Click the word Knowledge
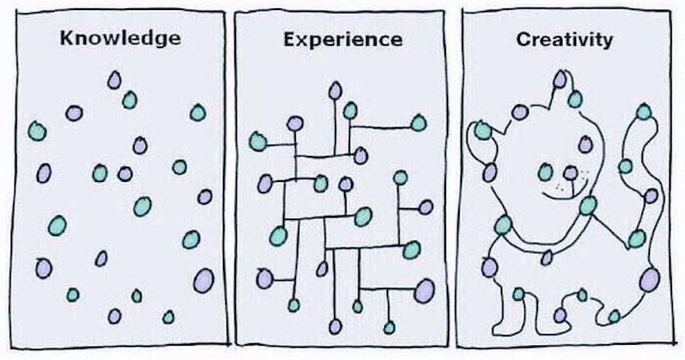(x=121, y=37)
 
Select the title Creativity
(x=564, y=40)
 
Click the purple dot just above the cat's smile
(x=570, y=173)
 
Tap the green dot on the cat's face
(x=546, y=172)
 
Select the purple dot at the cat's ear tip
(x=560, y=79)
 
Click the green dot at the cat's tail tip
(x=644, y=113)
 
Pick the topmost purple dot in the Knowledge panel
(x=114, y=79)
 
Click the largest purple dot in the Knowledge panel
(x=203, y=280)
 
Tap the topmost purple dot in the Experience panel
(x=336, y=91)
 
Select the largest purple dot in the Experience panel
(x=424, y=291)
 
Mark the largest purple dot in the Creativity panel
(x=649, y=279)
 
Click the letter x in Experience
(x=298, y=39)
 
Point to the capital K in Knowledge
(x=66, y=37)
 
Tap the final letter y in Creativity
(x=607, y=42)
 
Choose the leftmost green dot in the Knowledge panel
(x=37, y=131)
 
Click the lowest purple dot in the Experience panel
(x=336, y=327)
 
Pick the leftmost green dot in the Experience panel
(x=258, y=141)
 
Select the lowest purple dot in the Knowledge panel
(x=114, y=316)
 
